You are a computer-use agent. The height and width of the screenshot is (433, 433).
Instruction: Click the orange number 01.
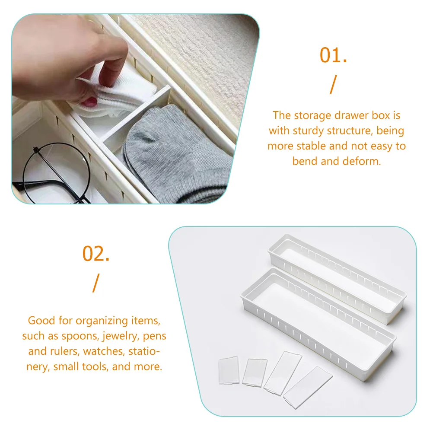(x=333, y=56)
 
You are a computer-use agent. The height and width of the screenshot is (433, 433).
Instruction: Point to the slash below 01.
(x=332, y=85)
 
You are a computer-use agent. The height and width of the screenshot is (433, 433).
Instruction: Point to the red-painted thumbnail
(x=92, y=102)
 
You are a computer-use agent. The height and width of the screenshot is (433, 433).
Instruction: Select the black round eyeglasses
(x=48, y=173)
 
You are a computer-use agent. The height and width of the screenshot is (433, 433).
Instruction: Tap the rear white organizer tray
(x=337, y=268)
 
